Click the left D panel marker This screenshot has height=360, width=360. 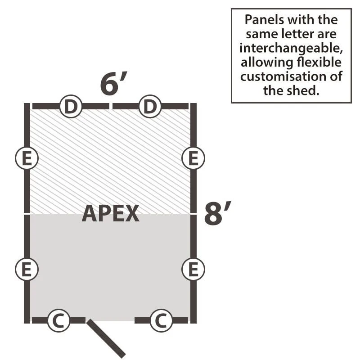tap(71, 107)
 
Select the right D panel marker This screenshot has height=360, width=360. tap(150, 107)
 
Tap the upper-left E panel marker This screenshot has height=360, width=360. tap(27, 158)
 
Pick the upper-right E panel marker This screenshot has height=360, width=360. tap(193, 158)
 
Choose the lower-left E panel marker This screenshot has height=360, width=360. tap(27, 270)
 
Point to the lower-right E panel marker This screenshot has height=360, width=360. tap(193, 270)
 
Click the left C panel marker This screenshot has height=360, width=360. tap(59, 320)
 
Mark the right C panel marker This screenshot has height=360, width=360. tap(161, 320)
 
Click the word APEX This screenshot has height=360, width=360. tap(111, 213)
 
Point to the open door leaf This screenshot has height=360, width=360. tap(106, 339)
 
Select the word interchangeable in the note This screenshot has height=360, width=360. tap(291, 48)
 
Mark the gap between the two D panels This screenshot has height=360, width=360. tap(111, 106)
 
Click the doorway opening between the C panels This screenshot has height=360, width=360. tap(110, 320)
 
